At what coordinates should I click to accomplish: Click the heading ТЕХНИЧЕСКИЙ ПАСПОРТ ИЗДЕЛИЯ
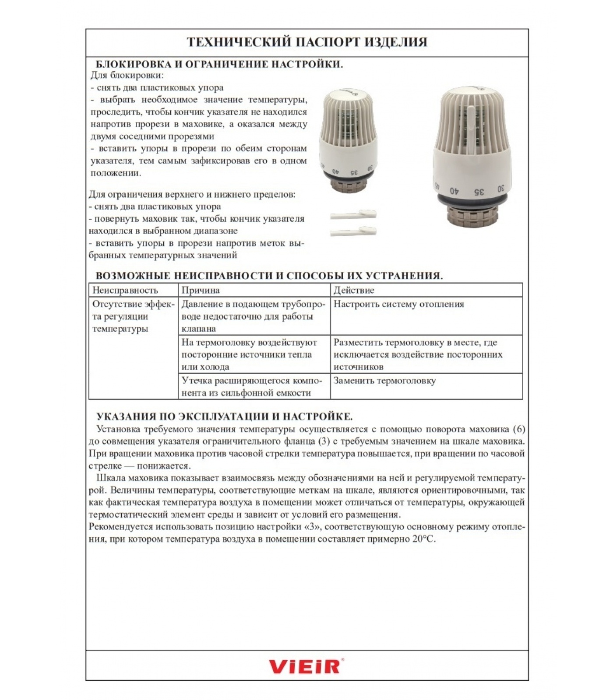pyautogui.click(x=307, y=42)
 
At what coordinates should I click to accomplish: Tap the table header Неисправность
pyautogui.click(x=125, y=290)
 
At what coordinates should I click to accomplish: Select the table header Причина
pyautogui.click(x=201, y=290)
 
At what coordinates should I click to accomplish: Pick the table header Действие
pyautogui.click(x=354, y=290)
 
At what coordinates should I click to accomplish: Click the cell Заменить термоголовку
pyautogui.click(x=384, y=381)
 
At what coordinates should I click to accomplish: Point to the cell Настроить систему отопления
pyautogui.click(x=398, y=304)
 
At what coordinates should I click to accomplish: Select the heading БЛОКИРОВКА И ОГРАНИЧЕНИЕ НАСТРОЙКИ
pyautogui.click(x=219, y=64)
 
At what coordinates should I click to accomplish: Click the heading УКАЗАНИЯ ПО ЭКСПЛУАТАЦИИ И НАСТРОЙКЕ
pyautogui.click(x=224, y=416)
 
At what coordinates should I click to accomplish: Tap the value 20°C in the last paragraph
pyautogui.click(x=424, y=539)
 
